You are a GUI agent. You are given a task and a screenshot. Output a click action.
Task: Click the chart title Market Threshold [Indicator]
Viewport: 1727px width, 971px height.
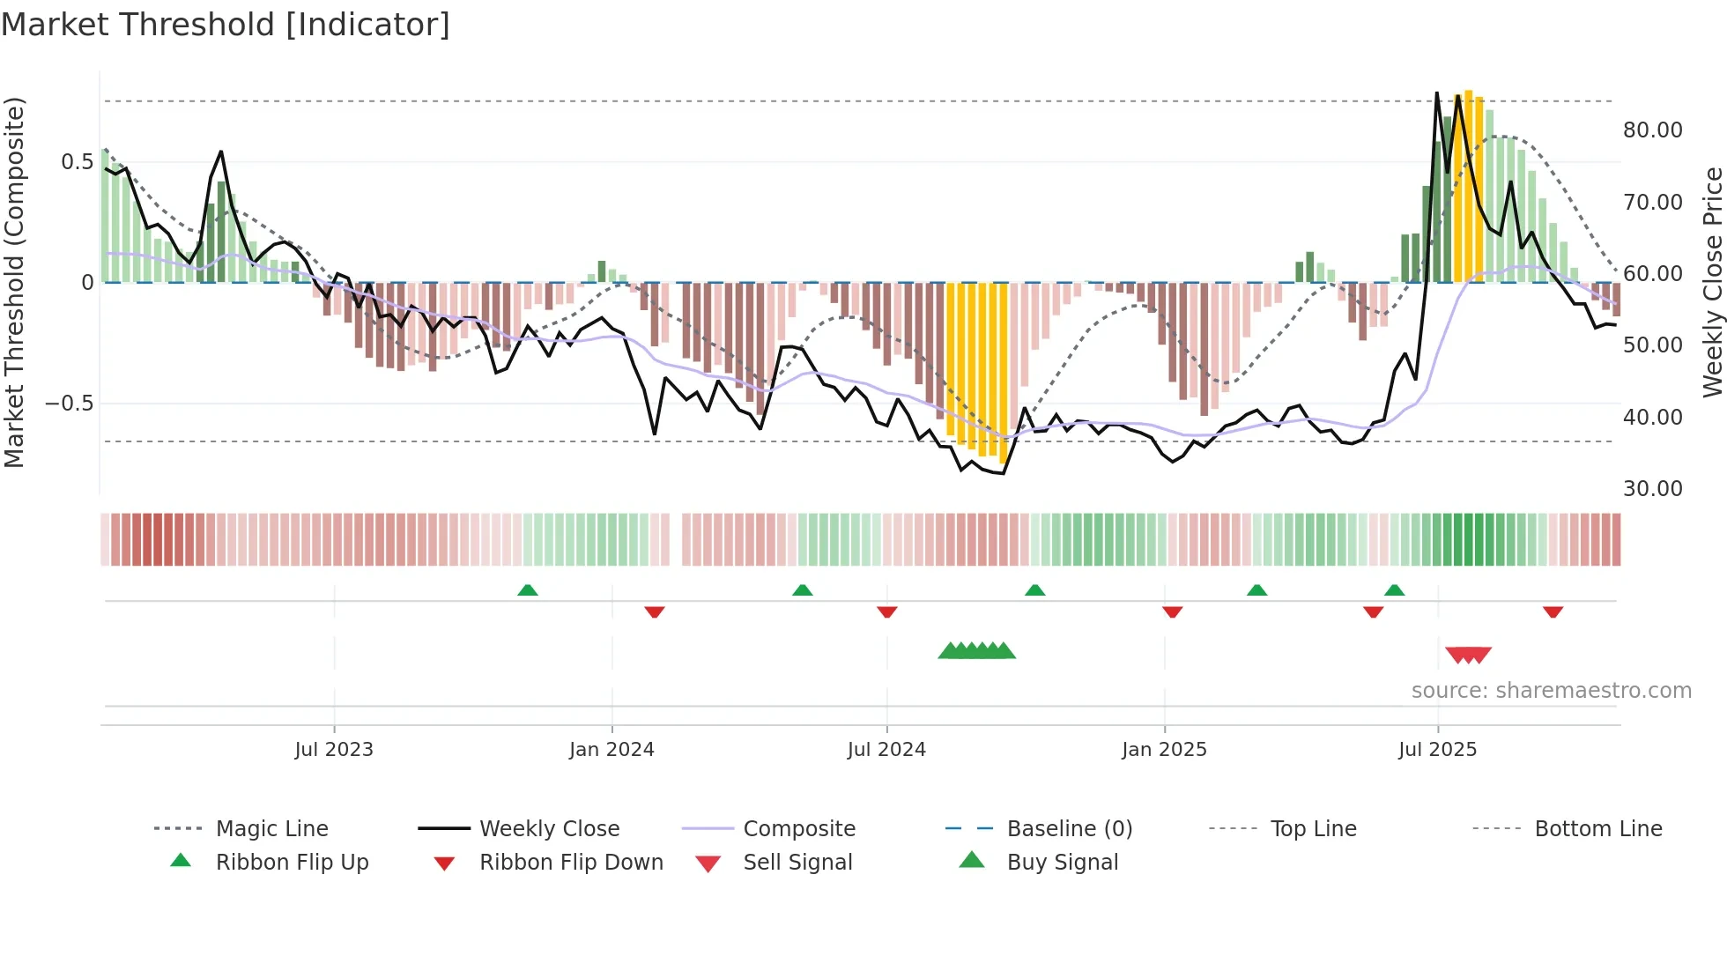click(226, 25)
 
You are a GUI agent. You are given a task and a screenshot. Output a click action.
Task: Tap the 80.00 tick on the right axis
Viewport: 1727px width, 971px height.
click(1652, 130)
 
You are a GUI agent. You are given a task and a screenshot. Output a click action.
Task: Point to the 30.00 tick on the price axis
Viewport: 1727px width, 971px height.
click(1652, 489)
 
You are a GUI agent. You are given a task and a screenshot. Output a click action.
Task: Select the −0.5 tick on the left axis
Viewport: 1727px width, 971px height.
click(69, 404)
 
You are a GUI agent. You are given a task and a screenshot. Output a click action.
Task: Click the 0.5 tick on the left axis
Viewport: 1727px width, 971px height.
click(77, 162)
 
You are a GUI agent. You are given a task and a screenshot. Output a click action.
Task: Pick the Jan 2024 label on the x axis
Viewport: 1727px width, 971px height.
click(611, 750)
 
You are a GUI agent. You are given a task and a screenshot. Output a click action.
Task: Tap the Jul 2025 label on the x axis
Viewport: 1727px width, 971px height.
click(1437, 750)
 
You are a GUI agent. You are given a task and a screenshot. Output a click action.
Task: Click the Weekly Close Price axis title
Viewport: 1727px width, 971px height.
click(1712, 282)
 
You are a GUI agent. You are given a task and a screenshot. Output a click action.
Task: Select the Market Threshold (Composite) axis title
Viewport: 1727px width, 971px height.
click(14, 282)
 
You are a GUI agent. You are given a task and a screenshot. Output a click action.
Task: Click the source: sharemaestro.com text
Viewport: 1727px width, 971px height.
click(1551, 691)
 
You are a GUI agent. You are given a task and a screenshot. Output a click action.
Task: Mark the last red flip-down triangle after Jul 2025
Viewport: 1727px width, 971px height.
click(1553, 612)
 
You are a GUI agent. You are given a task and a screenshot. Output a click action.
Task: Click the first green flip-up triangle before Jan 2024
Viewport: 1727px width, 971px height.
click(527, 590)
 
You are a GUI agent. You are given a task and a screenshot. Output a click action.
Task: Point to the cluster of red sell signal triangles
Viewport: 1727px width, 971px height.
click(1468, 656)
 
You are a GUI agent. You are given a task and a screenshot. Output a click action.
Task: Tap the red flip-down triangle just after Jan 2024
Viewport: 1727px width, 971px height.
click(654, 612)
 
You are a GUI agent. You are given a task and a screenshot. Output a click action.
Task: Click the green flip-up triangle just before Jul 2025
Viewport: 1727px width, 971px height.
click(1394, 590)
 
